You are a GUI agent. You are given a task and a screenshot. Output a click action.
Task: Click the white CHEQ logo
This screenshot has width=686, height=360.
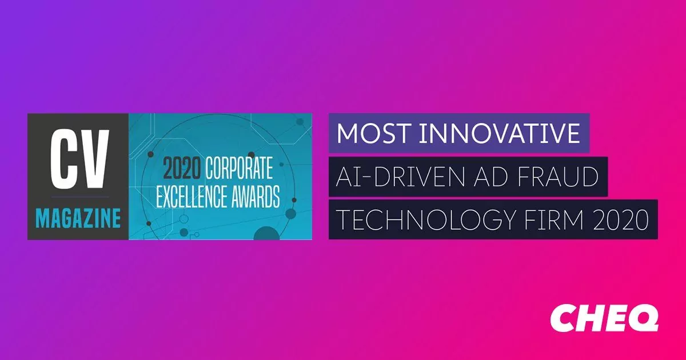point(604,318)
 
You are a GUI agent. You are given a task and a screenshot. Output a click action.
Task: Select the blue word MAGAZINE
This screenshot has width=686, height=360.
point(78,218)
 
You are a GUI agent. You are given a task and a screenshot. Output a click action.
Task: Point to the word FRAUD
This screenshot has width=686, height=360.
point(558,177)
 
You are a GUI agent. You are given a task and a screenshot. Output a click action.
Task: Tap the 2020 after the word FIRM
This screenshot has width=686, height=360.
point(620,219)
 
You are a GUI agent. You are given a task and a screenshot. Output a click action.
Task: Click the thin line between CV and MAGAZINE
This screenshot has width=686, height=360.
point(80,197)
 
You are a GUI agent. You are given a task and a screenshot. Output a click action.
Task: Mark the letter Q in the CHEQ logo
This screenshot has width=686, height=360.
point(642,318)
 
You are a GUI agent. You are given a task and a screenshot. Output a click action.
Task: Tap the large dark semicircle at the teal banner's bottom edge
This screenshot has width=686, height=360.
point(266,233)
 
